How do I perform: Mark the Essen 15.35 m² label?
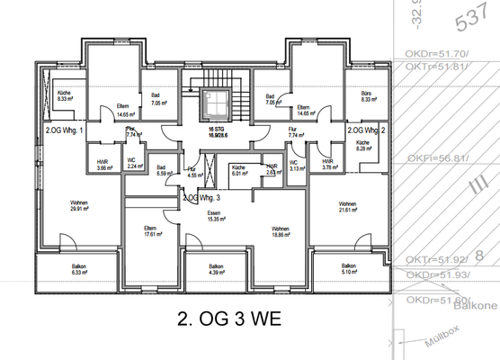(x=216, y=215)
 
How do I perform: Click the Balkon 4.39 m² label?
(x=216, y=269)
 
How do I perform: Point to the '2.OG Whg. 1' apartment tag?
(x=64, y=130)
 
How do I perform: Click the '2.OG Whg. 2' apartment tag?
(x=366, y=130)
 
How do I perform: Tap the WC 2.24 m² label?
(x=132, y=164)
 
